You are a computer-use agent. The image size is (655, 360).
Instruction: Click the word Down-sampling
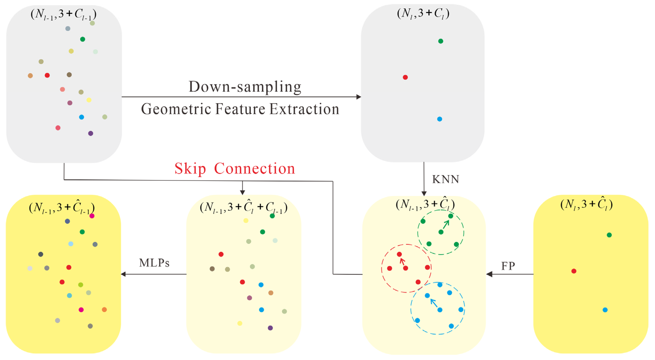[x=245, y=87]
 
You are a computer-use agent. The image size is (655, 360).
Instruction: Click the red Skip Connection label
[x=234, y=168]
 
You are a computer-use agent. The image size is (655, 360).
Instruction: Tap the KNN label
[x=445, y=179]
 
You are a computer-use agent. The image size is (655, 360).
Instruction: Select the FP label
[x=508, y=266]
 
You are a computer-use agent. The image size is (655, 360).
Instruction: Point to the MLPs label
[x=154, y=263]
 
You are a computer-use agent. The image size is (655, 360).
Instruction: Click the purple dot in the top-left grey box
[x=90, y=133]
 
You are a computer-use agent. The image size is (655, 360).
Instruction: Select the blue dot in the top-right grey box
[x=439, y=119]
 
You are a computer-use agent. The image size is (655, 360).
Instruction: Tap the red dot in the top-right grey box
[x=405, y=77]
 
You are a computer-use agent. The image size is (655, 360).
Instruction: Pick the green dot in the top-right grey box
[x=441, y=41]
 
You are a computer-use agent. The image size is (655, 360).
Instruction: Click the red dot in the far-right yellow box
[x=574, y=271]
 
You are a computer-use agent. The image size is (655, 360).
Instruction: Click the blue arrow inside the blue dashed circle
[x=434, y=303]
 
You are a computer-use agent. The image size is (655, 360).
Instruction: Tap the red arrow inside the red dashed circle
[x=402, y=261]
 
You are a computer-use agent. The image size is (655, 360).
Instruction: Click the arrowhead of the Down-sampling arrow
[x=359, y=97]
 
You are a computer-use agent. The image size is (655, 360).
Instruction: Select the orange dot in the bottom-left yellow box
[x=104, y=310]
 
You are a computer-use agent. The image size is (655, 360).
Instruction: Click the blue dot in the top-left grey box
[x=81, y=117]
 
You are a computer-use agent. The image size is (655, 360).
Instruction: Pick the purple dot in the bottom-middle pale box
[x=270, y=328]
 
